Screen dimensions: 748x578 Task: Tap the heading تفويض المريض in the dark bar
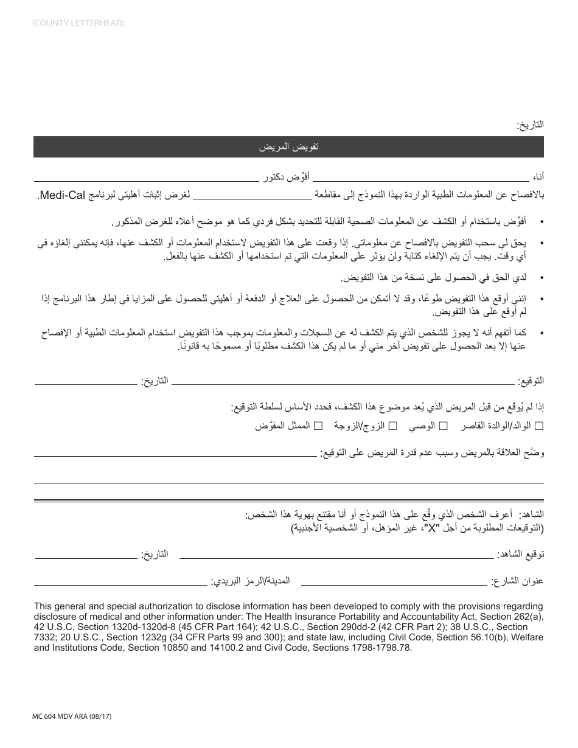288,147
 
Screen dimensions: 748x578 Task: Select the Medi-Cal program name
61,195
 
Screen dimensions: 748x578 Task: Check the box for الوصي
444,426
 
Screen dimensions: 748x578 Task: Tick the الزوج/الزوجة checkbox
393,426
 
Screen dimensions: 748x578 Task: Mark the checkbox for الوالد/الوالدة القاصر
539,426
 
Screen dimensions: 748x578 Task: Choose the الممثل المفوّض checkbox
318,426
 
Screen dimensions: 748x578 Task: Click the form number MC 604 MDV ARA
72,717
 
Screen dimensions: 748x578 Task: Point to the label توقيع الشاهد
520,555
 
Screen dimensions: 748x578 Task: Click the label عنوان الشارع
518,581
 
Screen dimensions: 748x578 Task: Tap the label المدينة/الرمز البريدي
251,581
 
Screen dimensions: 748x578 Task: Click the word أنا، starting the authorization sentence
538,177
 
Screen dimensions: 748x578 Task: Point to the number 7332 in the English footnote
46,637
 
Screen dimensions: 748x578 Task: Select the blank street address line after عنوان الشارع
395,584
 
